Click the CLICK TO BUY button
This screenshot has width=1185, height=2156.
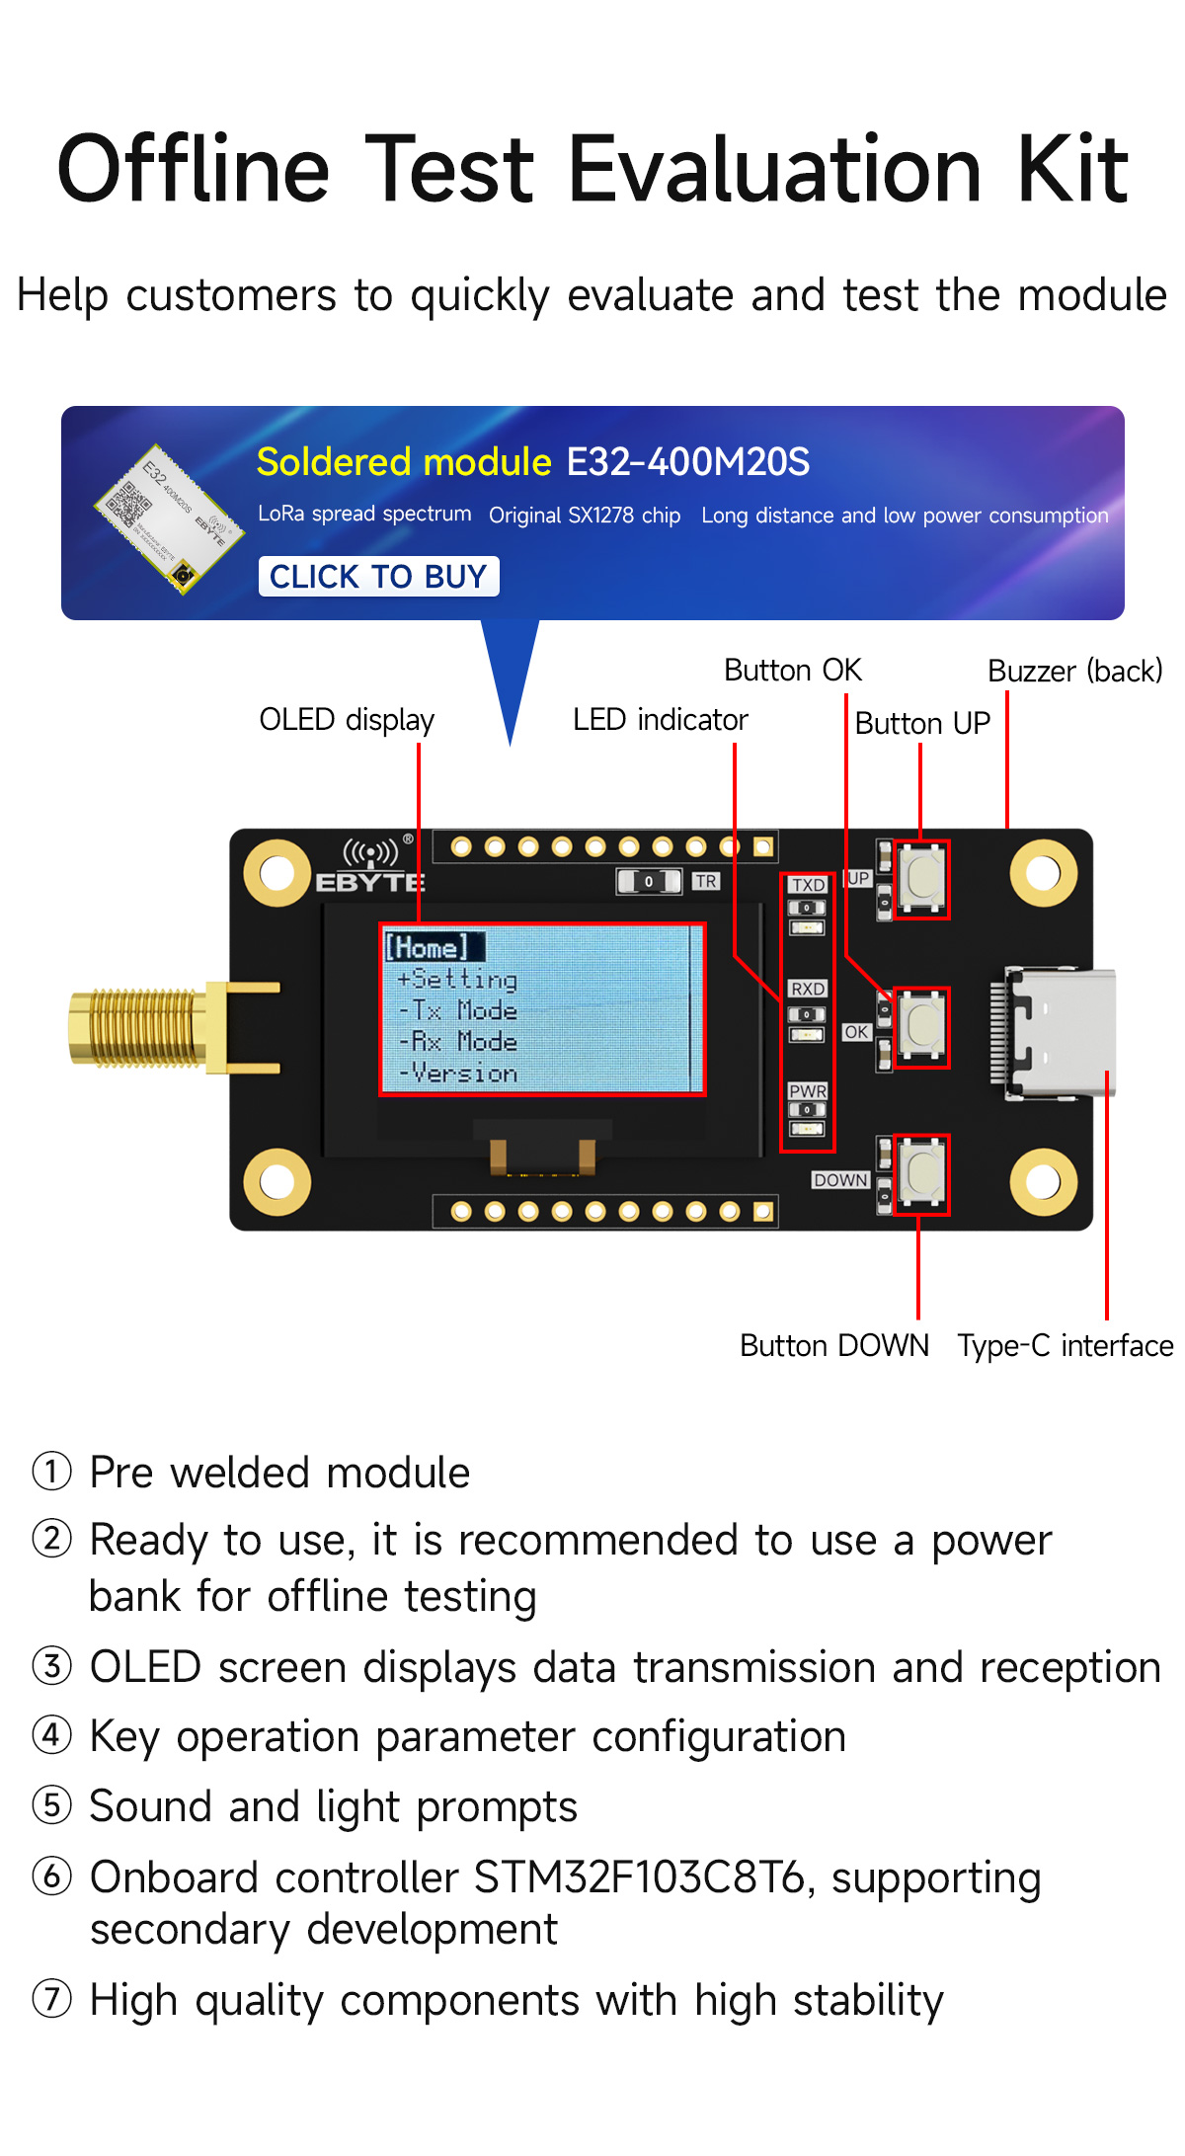click(x=378, y=576)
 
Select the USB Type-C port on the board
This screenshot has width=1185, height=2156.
click(x=1057, y=1032)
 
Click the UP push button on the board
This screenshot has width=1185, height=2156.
click(x=922, y=878)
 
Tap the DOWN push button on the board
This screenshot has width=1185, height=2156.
click(x=922, y=1172)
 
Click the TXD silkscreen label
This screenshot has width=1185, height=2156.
click(x=808, y=885)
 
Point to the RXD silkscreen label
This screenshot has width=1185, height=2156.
click(x=808, y=989)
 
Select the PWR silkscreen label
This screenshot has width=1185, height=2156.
click(x=808, y=1091)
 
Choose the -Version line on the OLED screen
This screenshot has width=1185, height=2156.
click(x=459, y=1074)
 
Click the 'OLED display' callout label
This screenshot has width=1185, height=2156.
click(x=347, y=720)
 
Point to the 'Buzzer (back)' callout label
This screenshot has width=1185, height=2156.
click(x=1074, y=672)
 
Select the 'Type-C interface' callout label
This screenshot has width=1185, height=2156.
click(x=1065, y=1345)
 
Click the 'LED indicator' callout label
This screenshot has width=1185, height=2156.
click(x=660, y=720)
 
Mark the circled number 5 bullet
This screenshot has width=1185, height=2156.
click(x=52, y=1805)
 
